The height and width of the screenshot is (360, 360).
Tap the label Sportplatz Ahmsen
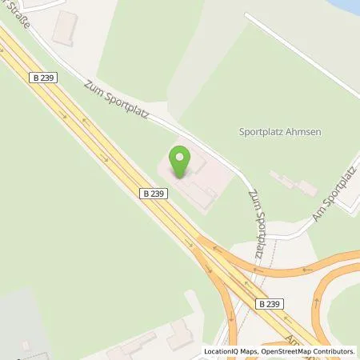coord(280,132)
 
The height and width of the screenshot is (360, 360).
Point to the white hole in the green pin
coord(182,155)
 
